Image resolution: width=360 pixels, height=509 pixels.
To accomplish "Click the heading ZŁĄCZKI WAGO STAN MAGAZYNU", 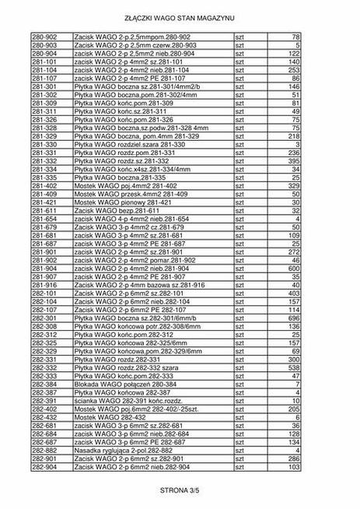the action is click(180, 16).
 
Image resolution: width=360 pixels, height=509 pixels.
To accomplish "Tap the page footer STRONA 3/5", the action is click(180, 490).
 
